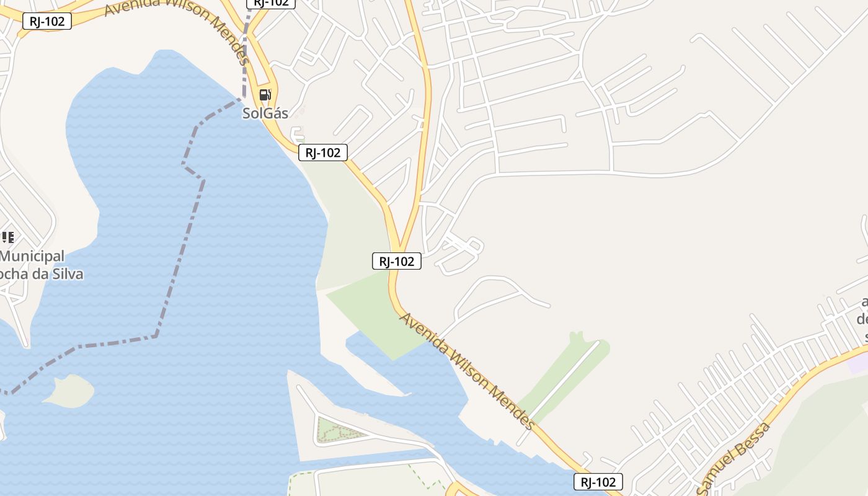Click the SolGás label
coord(265,113)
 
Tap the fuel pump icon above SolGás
coord(265,95)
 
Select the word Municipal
coord(32,256)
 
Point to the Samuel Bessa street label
coord(735,459)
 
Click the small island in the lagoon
coord(69,391)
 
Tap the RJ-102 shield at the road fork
coord(397,261)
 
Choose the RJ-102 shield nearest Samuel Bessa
coord(598,482)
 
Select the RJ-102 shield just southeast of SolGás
coord(322,153)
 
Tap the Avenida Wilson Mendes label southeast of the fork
coord(466,371)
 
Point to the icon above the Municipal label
coord(7,237)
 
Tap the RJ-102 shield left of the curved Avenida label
coord(46,21)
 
